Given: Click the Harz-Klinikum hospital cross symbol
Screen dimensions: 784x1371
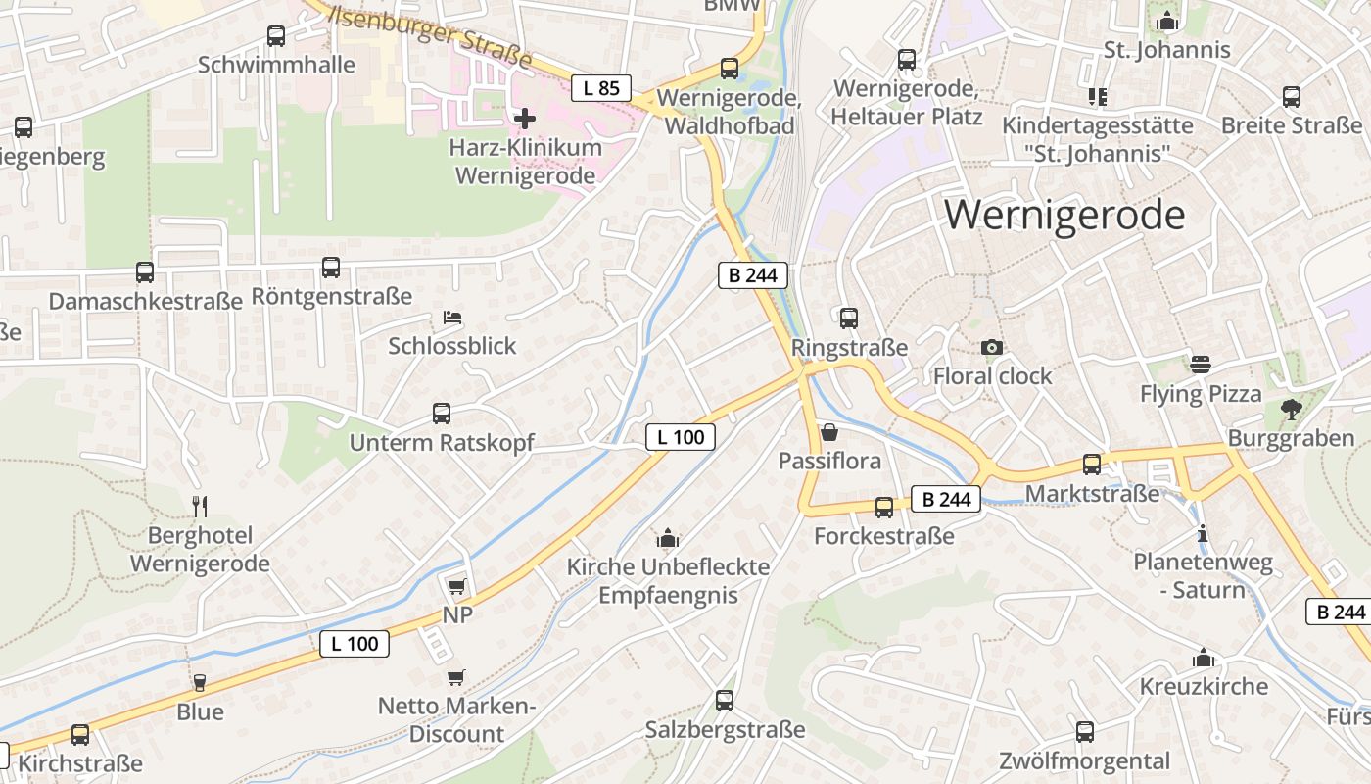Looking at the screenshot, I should pyautogui.click(x=525, y=119).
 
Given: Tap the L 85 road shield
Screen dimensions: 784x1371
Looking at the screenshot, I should pyautogui.click(x=601, y=88).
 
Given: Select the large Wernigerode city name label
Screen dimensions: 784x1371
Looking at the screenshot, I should pyautogui.click(x=1064, y=215).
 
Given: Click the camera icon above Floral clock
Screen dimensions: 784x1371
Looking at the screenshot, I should pyautogui.click(x=992, y=347).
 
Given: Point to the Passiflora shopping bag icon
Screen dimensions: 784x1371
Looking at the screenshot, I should pyautogui.click(x=829, y=432).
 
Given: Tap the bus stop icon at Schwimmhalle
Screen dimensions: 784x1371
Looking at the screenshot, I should pyautogui.click(x=276, y=36).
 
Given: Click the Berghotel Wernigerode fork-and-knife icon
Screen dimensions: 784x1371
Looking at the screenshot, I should pyautogui.click(x=200, y=506).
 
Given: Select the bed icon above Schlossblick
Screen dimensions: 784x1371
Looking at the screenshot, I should pyautogui.click(x=452, y=318).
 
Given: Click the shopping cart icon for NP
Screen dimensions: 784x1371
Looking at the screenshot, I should pyautogui.click(x=456, y=586).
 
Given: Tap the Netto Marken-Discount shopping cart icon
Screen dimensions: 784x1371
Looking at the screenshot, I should pyautogui.click(x=455, y=677).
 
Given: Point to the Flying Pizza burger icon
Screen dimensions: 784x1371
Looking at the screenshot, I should pyautogui.click(x=1201, y=365).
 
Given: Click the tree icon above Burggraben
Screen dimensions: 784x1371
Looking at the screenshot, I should pyautogui.click(x=1292, y=409).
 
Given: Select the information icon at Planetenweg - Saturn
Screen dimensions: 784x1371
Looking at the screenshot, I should pyautogui.click(x=1203, y=534).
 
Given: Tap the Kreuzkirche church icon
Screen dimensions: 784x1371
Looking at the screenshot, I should pyautogui.click(x=1204, y=658).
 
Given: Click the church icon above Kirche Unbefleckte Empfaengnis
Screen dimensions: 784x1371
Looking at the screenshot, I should pyautogui.click(x=668, y=538).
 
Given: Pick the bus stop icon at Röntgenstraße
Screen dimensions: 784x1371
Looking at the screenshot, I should pyautogui.click(x=331, y=268).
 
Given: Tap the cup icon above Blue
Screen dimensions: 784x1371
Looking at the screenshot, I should pyautogui.click(x=200, y=682).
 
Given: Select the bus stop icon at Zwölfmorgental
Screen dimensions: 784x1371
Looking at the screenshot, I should pyautogui.click(x=1085, y=731).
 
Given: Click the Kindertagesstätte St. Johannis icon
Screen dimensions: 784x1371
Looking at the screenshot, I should pyautogui.click(x=1097, y=96).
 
